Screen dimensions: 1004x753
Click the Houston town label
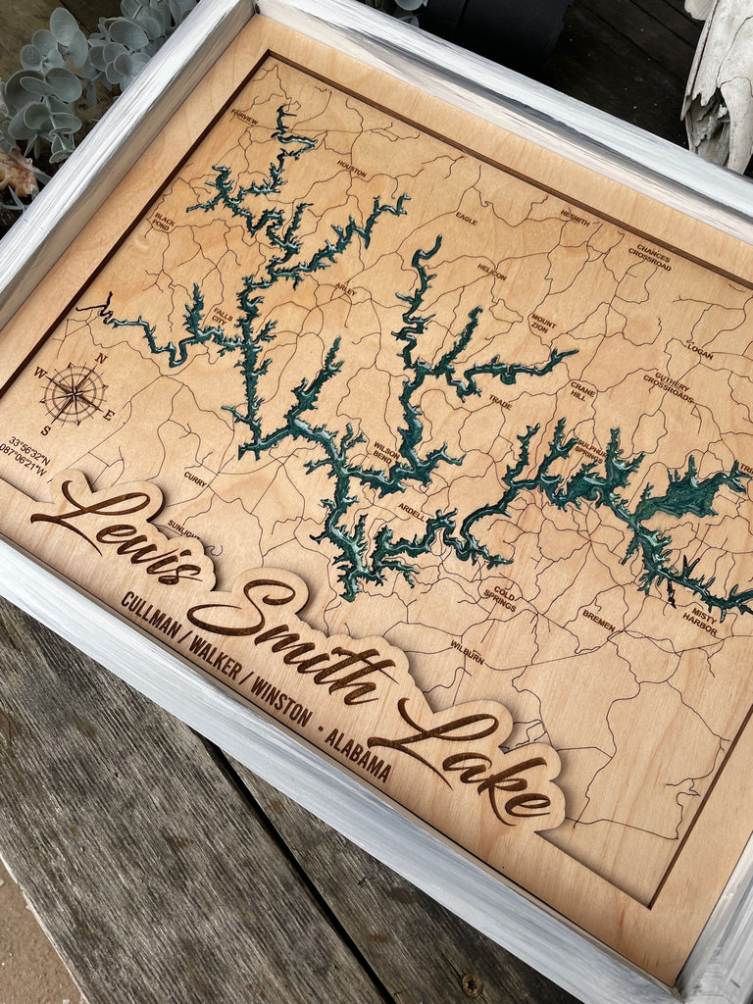tap(351, 169)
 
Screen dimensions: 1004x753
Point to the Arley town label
tap(345, 289)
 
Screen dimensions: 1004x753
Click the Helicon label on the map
tap(491, 271)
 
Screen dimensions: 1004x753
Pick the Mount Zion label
tap(542, 324)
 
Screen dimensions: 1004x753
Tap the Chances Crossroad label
tap(650, 257)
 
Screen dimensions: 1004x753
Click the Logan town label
tap(699, 350)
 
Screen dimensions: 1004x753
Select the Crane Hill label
tap(582, 390)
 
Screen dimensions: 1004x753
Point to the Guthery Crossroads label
tap(669, 387)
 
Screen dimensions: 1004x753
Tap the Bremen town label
tap(598, 620)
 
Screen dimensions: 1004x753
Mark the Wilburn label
tap(467, 651)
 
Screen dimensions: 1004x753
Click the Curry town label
tap(195, 479)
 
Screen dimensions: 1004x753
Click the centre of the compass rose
tap(74, 393)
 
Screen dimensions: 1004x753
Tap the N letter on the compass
tap(101, 359)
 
